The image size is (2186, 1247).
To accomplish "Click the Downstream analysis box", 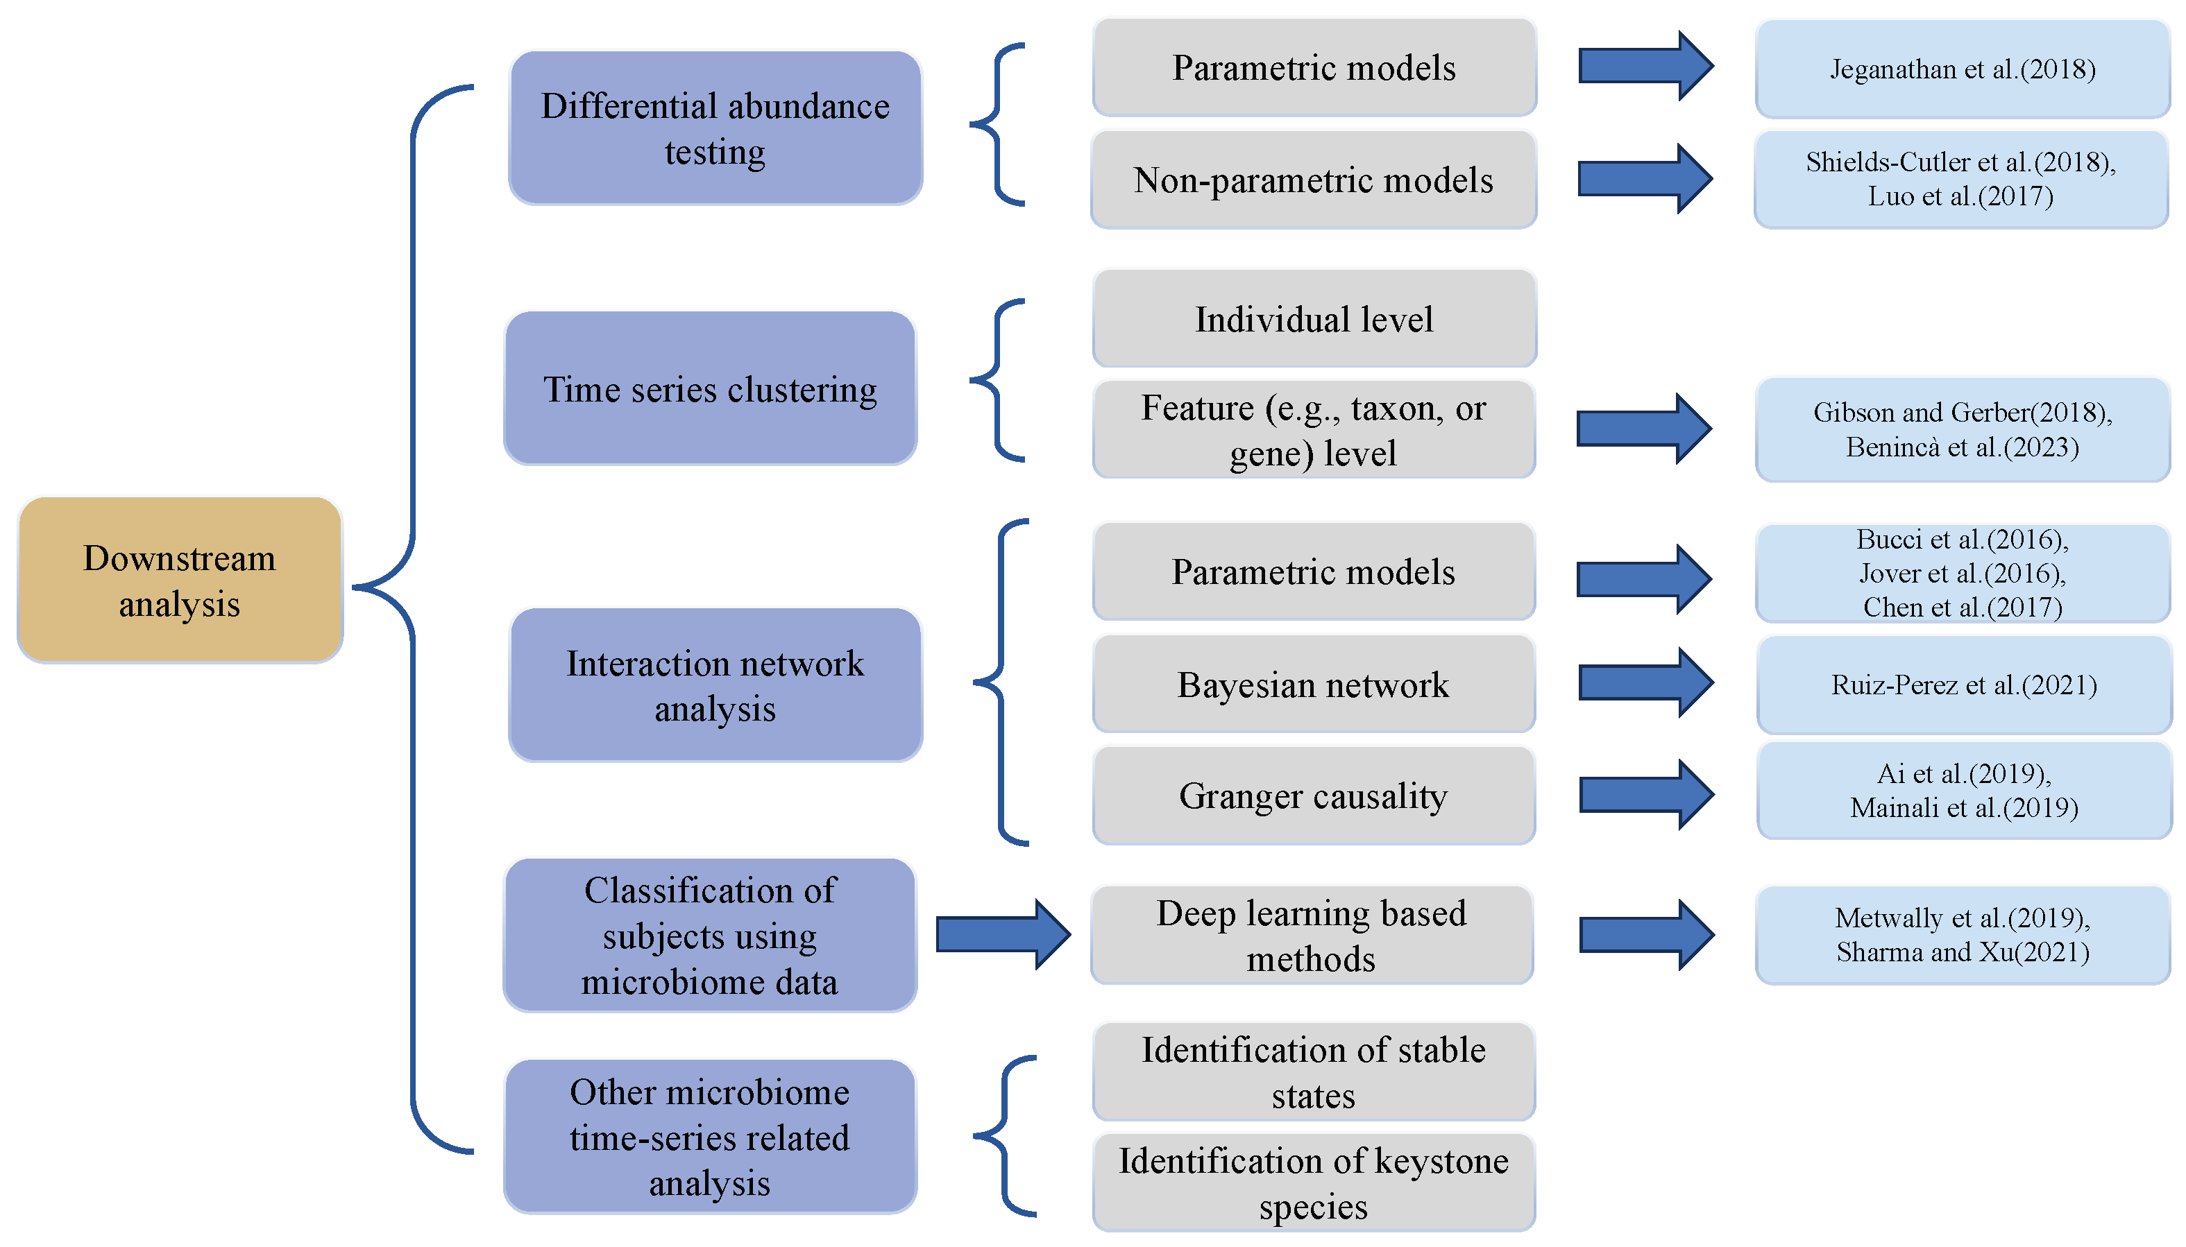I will point(180,580).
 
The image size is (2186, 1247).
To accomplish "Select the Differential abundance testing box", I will point(715,128).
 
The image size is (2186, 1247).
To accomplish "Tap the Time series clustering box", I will point(711,389).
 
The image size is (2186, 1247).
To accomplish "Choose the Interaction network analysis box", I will point(715,685).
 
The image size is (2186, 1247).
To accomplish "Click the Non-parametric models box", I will point(1313,180).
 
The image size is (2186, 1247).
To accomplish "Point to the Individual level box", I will point(1314,318).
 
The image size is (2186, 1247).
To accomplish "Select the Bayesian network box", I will point(1313,685).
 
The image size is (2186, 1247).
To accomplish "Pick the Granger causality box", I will point(1313,796).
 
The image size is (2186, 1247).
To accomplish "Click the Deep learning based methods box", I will point(1311,935).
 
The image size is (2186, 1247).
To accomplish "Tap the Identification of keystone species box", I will point(1313,1182).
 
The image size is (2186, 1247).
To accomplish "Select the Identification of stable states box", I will point(1313,1072).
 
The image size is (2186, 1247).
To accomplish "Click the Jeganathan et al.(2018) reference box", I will point(1963,69).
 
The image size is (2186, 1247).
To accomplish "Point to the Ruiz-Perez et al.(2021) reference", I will point(1963,685).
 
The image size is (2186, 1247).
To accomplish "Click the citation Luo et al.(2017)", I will point(1960,196).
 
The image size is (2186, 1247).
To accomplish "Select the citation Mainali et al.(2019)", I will point(1963,808).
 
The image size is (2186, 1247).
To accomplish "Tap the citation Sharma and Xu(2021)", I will point(1963,952).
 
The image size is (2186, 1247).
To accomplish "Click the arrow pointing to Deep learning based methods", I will point(1003,934).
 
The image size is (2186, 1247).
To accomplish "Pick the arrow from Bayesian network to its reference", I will point(1645,682).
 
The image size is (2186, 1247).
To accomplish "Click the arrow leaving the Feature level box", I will point(1643,428).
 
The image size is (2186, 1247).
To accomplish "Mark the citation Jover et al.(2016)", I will point(1963,573).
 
